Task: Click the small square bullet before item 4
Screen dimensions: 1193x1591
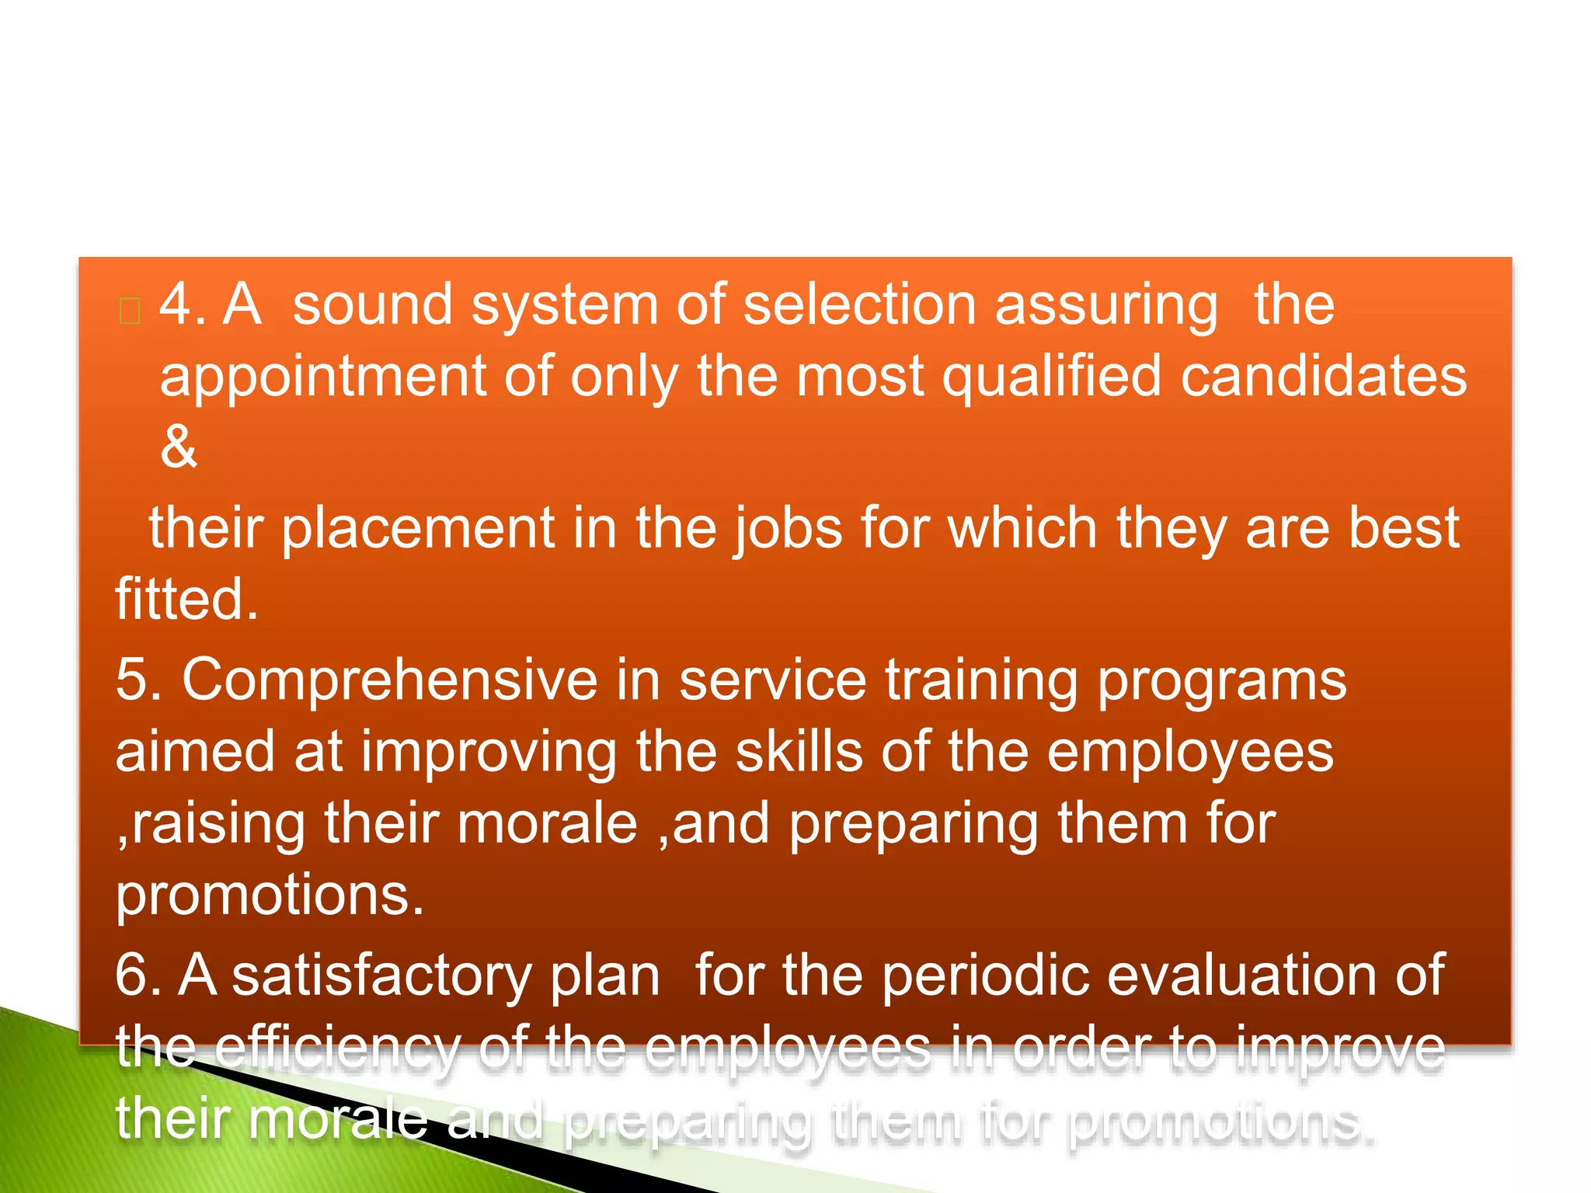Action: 130,311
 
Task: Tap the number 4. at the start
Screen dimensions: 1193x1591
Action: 182,304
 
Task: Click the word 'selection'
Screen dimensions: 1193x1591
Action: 859,304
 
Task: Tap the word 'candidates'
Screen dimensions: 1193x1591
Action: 1324,376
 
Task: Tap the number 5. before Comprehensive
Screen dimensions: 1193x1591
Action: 138,680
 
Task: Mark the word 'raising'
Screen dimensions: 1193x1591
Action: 218,825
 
